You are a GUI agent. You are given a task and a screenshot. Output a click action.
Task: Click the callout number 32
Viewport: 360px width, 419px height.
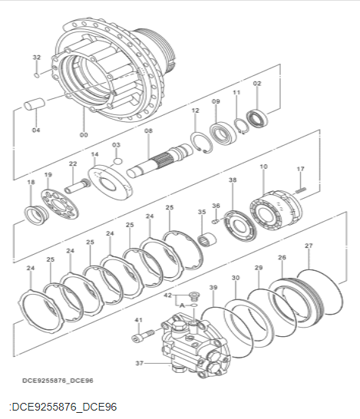[37, 58]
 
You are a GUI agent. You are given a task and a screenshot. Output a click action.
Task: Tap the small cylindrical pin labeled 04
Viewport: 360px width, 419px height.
[35, 104]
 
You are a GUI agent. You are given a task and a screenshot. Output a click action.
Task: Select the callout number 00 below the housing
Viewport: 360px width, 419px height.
[84, 135]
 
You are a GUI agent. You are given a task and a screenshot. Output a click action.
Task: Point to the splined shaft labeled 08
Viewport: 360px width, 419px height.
[160, 160]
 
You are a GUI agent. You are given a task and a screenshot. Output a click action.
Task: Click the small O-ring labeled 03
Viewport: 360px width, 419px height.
[117, 161]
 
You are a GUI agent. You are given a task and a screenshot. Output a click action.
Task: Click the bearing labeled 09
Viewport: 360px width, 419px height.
[223, 134]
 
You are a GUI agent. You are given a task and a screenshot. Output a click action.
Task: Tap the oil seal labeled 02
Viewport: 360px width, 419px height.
[257, 118]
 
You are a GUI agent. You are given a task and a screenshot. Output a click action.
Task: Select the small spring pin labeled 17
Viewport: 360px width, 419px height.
[301, 190]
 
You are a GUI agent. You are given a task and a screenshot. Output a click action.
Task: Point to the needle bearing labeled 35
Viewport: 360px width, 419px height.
[207, 239]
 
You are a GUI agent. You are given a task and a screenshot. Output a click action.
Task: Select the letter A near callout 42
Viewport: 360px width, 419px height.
[182, 305]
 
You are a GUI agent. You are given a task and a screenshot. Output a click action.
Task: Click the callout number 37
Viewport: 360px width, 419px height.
[139, 363]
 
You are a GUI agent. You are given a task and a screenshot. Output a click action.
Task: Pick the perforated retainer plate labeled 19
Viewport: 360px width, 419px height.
[60, 203]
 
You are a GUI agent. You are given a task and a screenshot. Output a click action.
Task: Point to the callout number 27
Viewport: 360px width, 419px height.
[309, 246]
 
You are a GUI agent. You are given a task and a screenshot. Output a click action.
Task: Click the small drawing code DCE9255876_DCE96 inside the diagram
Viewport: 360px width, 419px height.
[58, 381]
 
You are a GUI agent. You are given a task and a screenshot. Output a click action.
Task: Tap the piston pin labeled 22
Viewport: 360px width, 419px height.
[78, 186]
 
